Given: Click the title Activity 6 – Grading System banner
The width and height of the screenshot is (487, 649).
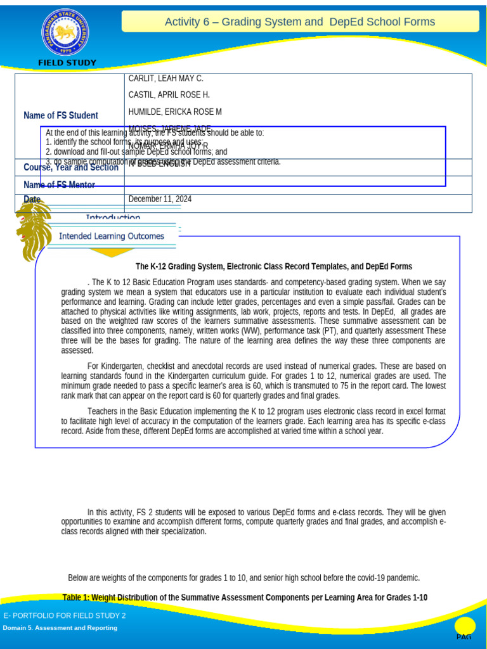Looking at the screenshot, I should point(300,22).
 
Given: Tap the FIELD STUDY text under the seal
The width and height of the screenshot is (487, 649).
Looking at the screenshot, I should point(67,63).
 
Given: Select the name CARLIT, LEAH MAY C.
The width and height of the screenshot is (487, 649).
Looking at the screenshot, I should point(166,79).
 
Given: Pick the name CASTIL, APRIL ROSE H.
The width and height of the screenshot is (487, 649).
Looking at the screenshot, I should point(169,95).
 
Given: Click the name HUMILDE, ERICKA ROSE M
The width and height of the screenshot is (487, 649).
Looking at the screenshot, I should point(175,112).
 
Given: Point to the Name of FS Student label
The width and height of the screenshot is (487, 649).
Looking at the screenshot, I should point(61,115).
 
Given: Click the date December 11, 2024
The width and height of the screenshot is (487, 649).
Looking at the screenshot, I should point(160,199).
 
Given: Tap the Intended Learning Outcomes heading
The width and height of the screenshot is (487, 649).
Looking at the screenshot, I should point(112,236).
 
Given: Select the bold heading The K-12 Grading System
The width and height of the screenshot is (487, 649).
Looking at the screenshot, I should point(274,267).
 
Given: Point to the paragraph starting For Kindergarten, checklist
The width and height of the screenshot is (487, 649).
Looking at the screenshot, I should point(254,381).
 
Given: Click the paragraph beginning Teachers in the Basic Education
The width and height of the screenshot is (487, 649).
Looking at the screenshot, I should point(254,421).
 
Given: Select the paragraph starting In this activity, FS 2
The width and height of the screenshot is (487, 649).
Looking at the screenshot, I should point(254,522).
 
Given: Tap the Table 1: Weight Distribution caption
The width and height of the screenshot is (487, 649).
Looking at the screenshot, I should point(245,598).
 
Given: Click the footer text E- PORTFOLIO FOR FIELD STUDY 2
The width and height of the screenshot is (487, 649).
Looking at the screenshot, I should point(65,616).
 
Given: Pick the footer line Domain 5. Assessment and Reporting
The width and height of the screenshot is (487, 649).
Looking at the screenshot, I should point(60,628).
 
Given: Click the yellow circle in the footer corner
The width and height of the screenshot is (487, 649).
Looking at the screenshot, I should point(465,626).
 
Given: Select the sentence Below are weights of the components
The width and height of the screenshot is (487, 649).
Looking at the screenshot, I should point(243,578).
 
